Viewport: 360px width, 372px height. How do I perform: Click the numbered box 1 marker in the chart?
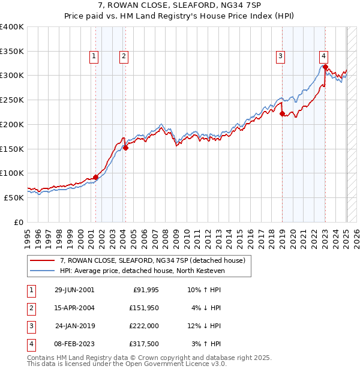[x=95, y=56]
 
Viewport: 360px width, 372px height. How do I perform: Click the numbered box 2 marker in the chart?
[x=124, y=56]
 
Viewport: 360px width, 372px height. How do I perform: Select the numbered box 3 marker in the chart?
[x=280, y=56]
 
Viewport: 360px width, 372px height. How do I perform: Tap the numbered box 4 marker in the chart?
[x=323, y=56]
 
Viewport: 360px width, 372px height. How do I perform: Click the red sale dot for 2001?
[x=96, y=177]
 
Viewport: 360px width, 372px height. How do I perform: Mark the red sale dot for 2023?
[x=325, y=67]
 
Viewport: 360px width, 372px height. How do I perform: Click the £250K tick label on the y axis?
[x=12, y=100]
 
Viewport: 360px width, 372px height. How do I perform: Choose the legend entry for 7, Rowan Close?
[x=152, y=260]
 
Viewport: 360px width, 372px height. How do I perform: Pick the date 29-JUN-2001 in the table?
[x=74, y=290]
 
